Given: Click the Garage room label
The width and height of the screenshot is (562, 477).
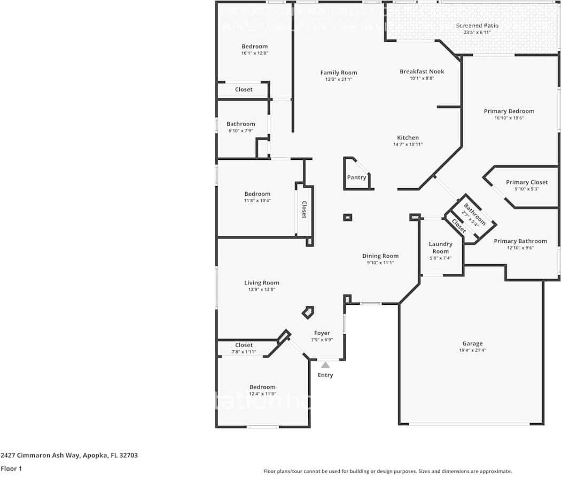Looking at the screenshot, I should [x=472, y=343].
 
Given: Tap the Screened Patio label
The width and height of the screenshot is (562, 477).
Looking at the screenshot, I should [x=477, y=26].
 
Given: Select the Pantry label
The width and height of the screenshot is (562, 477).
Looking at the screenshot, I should [x=356, y=177].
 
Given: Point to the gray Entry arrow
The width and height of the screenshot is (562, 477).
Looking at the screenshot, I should [x=325, y=365].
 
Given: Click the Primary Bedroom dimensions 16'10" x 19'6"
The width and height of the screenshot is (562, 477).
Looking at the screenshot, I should [x=509, y=118].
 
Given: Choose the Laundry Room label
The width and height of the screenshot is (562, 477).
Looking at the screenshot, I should [x=440, y=248].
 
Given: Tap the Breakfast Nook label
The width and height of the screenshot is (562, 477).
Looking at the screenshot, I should [x=421, y=71].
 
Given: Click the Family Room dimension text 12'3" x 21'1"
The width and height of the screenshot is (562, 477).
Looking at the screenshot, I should [x=339, y=80].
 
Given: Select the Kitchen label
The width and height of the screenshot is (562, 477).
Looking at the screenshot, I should [x=408, y=137].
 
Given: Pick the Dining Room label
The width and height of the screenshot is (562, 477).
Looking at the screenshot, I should [x=380, y=256].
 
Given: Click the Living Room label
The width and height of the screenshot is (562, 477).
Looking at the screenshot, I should [x=262, y=283].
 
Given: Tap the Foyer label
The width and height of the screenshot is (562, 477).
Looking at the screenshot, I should [x=322, y=333].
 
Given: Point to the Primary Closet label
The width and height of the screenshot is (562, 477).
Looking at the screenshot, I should [x=527, y=182].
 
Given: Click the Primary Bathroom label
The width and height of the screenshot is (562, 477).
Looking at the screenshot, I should [x=520, y=241].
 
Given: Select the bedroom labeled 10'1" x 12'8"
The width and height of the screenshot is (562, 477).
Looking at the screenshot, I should [x=254, y=47].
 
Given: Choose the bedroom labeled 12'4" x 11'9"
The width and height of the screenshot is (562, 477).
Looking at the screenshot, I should [x=262, y=387].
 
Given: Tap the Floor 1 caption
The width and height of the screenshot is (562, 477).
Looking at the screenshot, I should [x=11, y=468].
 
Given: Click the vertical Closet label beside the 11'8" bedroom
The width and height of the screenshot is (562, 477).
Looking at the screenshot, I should [x=304, y=210].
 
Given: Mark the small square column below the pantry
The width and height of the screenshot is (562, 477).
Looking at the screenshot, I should [x=348, y=217].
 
